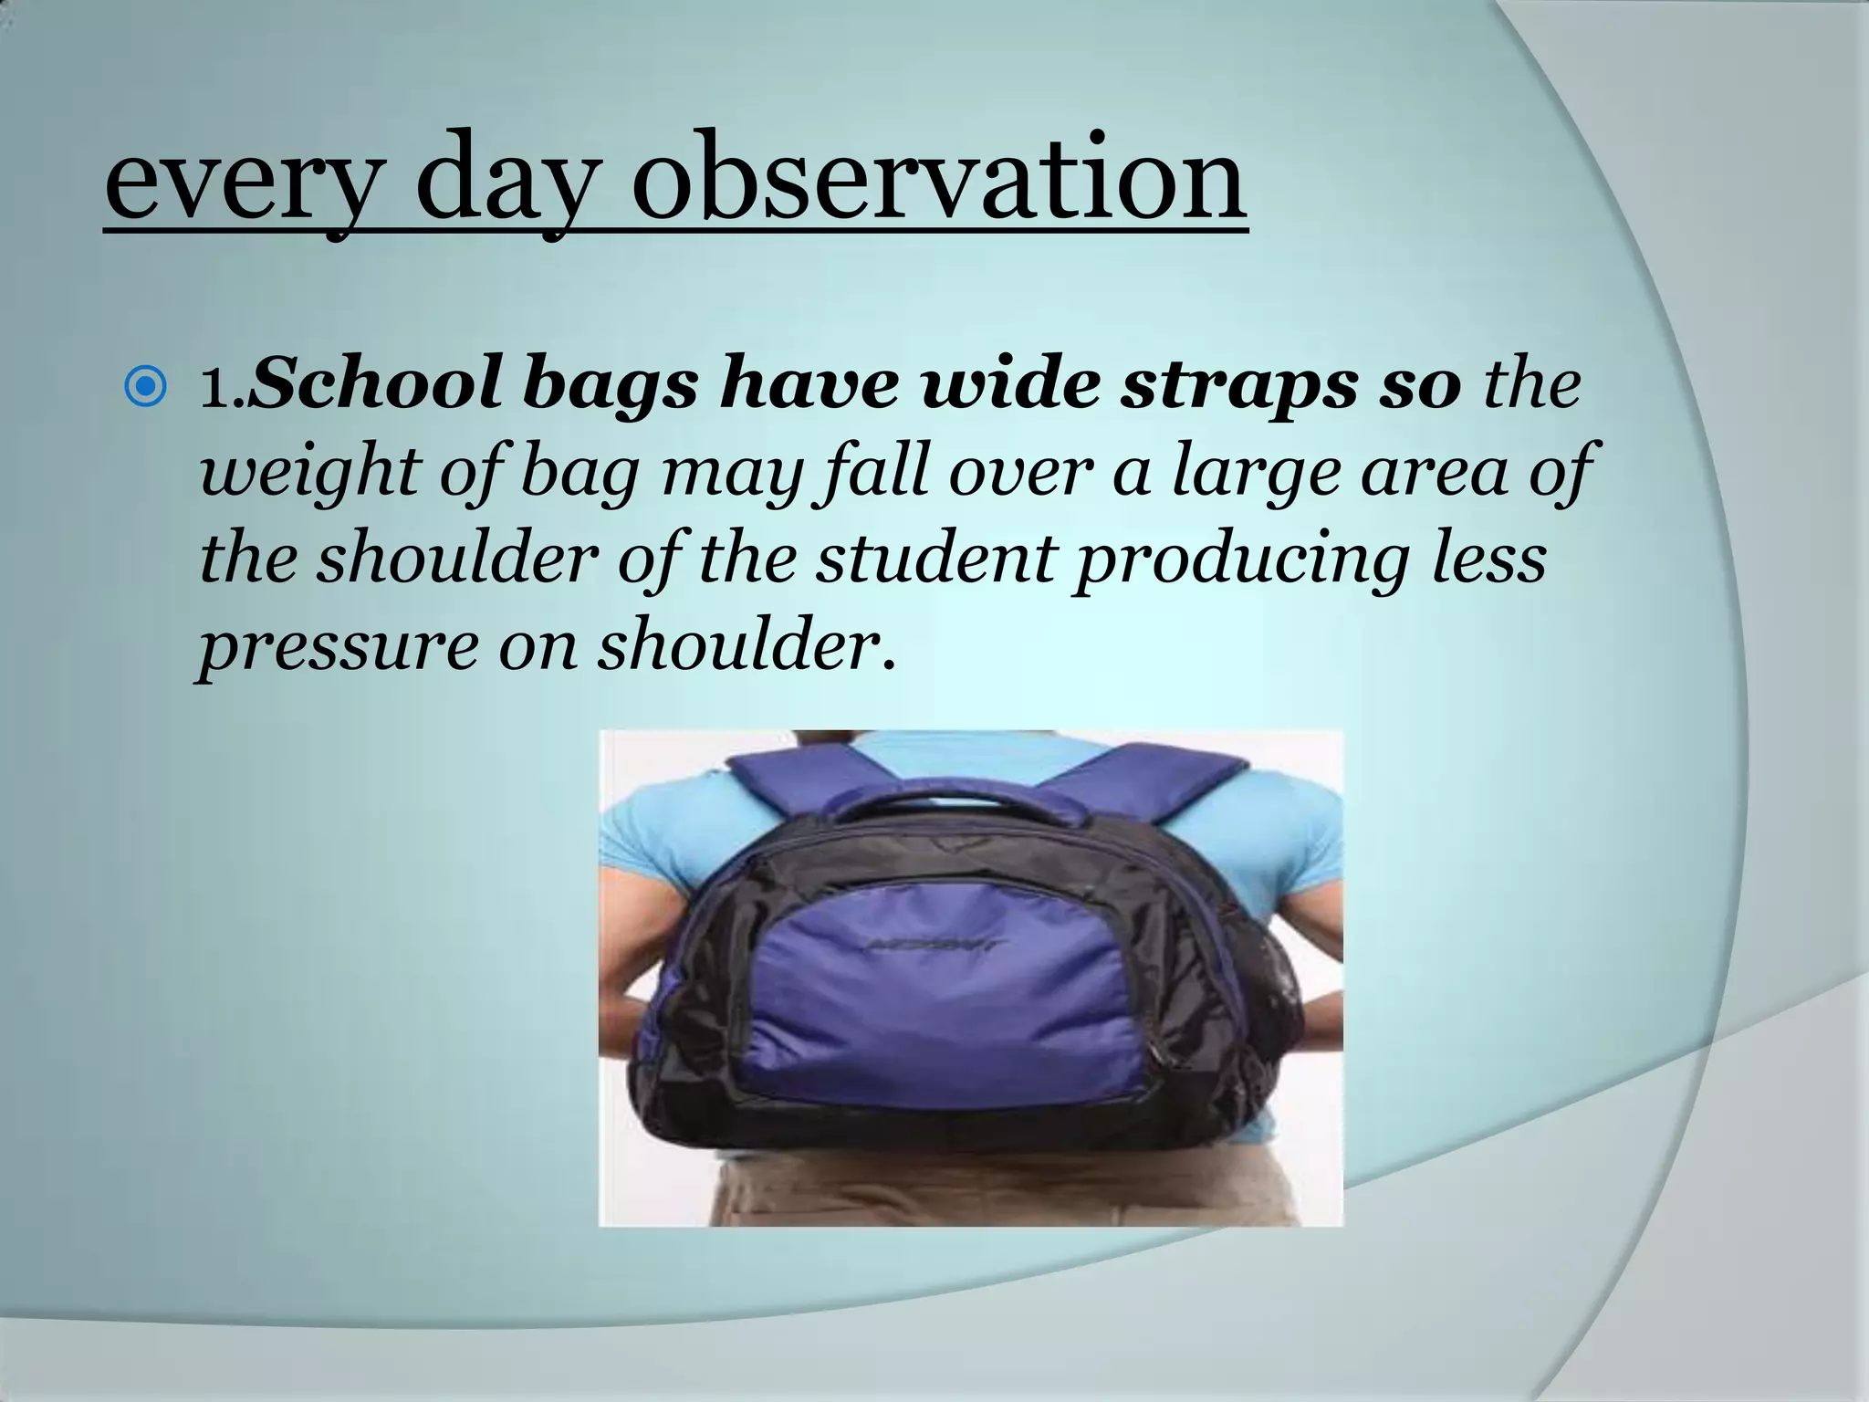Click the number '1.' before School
[x=222, y=387]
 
